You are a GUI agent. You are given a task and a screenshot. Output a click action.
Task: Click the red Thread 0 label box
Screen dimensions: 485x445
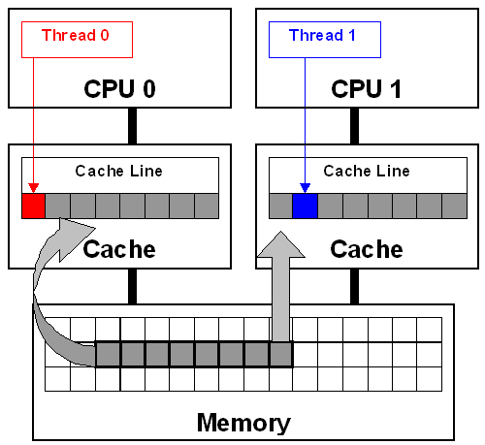point(77,40)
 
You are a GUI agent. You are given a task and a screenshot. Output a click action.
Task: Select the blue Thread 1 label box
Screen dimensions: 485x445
point(325,40)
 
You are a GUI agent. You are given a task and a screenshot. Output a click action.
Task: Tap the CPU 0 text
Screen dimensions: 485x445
point(119,89)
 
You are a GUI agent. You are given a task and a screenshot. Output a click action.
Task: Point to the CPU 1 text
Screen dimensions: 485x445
point(366,89)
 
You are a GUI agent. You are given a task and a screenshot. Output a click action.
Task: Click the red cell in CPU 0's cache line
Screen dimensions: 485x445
point(33,207)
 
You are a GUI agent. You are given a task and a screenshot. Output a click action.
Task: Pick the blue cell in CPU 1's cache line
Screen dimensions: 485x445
point(305,207)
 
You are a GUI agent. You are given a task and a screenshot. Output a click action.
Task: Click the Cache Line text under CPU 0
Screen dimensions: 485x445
point(118,171)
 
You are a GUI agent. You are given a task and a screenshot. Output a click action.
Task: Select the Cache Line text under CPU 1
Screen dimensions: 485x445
point(367,171)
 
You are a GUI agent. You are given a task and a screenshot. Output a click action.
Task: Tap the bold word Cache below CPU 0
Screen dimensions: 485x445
point(119,249)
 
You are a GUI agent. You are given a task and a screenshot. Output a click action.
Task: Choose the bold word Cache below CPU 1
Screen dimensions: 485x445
point(367,249)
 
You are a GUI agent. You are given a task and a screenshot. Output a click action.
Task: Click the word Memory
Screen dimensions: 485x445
point(243,424)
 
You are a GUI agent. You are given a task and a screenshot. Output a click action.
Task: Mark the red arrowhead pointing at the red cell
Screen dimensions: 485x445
point(33,188)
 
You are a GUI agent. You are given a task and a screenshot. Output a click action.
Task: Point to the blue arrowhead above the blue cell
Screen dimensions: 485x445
point(305,188)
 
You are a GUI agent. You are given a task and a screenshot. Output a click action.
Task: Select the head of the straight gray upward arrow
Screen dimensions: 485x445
point(281,245)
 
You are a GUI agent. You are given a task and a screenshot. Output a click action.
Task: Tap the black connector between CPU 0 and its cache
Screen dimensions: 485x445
point(132,126)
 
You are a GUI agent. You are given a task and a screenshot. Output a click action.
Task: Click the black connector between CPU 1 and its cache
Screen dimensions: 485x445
point(354,126)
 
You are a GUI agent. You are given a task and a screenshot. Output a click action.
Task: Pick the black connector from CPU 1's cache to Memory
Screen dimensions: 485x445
point(354,286)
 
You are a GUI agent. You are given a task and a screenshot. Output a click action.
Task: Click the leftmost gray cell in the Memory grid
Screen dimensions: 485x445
point(108,355)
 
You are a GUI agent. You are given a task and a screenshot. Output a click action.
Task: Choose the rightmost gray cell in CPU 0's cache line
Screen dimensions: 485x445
point(207,207)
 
